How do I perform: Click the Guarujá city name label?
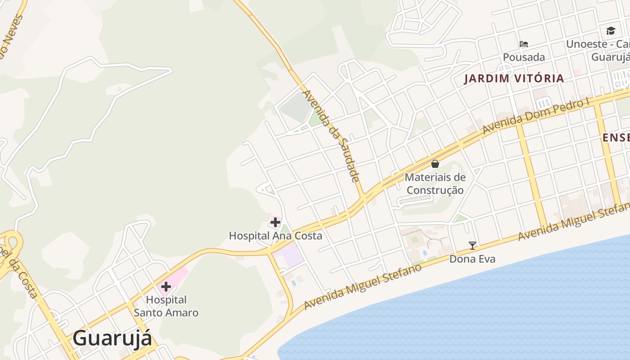pyautogui.click(x=112, y=338)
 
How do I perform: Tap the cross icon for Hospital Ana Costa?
pyautogui.click(x=275, y=222)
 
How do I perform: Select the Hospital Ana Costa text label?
pyautogui.click(x=275, y=236)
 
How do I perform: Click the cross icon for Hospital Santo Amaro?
pyautogui.click(x=166, y=287)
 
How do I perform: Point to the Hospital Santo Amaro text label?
pyautogui.click(x=166, y=306)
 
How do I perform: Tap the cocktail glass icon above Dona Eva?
pyautogui.click(x=472, y=246)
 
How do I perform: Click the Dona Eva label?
pyautogui.click(x=472, y=259)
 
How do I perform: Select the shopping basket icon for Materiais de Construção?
pyautogui.click(x=435, y=164)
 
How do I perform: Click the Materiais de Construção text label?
pyautogui.click(x=435, y=184)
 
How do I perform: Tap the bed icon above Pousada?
pyautogui.click(x=523, y=44)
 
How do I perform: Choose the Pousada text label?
pyautogui.click(x=524, y=57)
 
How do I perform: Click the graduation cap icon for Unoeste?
pyautogui.click(x=611, y=31)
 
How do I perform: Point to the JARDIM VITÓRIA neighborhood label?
pyautogui.click(x=513, y=78)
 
